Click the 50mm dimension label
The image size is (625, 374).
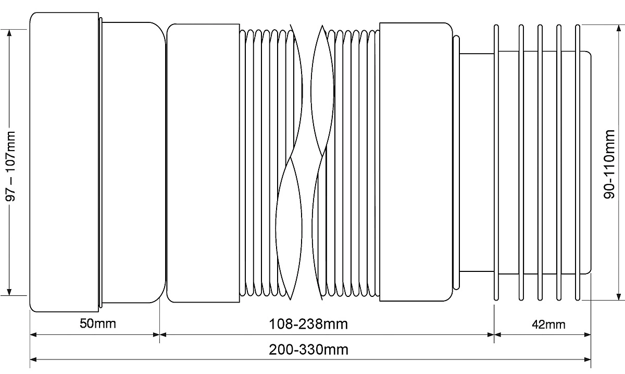click(x=98, y=323)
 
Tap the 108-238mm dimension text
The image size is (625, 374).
click(x=308, y=324)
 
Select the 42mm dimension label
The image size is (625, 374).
click(x=548, y=325)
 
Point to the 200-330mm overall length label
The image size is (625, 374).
click(x=308, y=350)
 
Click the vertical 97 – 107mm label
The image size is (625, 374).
click(x=10, y=166)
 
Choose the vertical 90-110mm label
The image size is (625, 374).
click(x=609, y=164)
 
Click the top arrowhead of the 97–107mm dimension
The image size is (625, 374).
click(x=9, y=33)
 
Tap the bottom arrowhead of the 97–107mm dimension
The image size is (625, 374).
click(x=9, y=292)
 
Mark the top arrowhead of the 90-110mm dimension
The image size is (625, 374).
click(x=619, y=29)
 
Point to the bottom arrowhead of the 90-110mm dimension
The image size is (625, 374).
click(x=619, y=296)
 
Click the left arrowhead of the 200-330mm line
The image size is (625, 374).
click(x=33, y=359)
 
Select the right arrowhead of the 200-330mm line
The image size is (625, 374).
click(x=587, y=359)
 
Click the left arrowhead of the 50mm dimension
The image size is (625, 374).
click(x=33, y=334)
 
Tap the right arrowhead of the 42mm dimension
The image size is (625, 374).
click(x=587, y=334)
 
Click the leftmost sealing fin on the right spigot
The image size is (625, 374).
click(x=496, y=163)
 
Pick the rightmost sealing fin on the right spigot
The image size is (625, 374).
click(x=578, y=163)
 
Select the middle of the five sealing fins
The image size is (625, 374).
click(x=540, y=163)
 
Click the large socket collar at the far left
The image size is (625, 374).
click(x=64, y=162)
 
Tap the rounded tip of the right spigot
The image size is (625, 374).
click(x=589, y=163)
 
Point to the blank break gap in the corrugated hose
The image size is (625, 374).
click(x=307, y=162)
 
